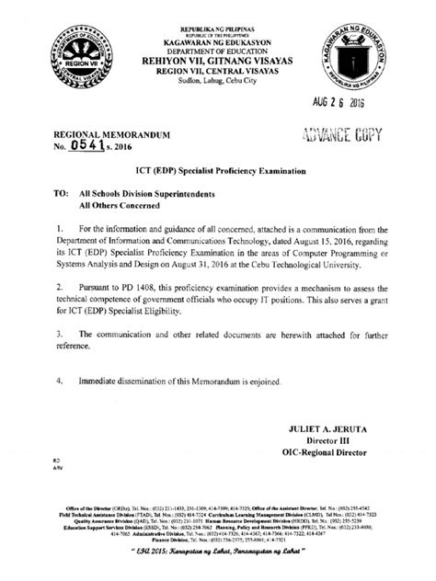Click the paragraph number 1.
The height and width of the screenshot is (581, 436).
point(59,227)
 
